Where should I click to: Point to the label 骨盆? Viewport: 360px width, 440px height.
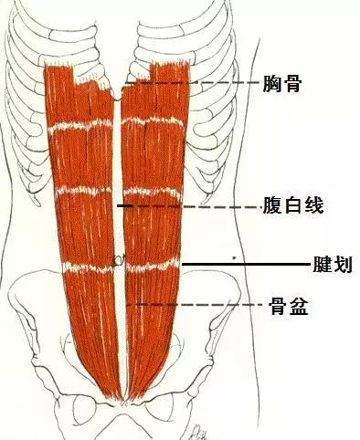tap(288, 307)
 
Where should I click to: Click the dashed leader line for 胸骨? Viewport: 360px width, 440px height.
tap(192, 83)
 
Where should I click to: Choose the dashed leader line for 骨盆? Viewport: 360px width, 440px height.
tap(196, 304)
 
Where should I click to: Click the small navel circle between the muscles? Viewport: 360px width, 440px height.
tap(118, 260)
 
